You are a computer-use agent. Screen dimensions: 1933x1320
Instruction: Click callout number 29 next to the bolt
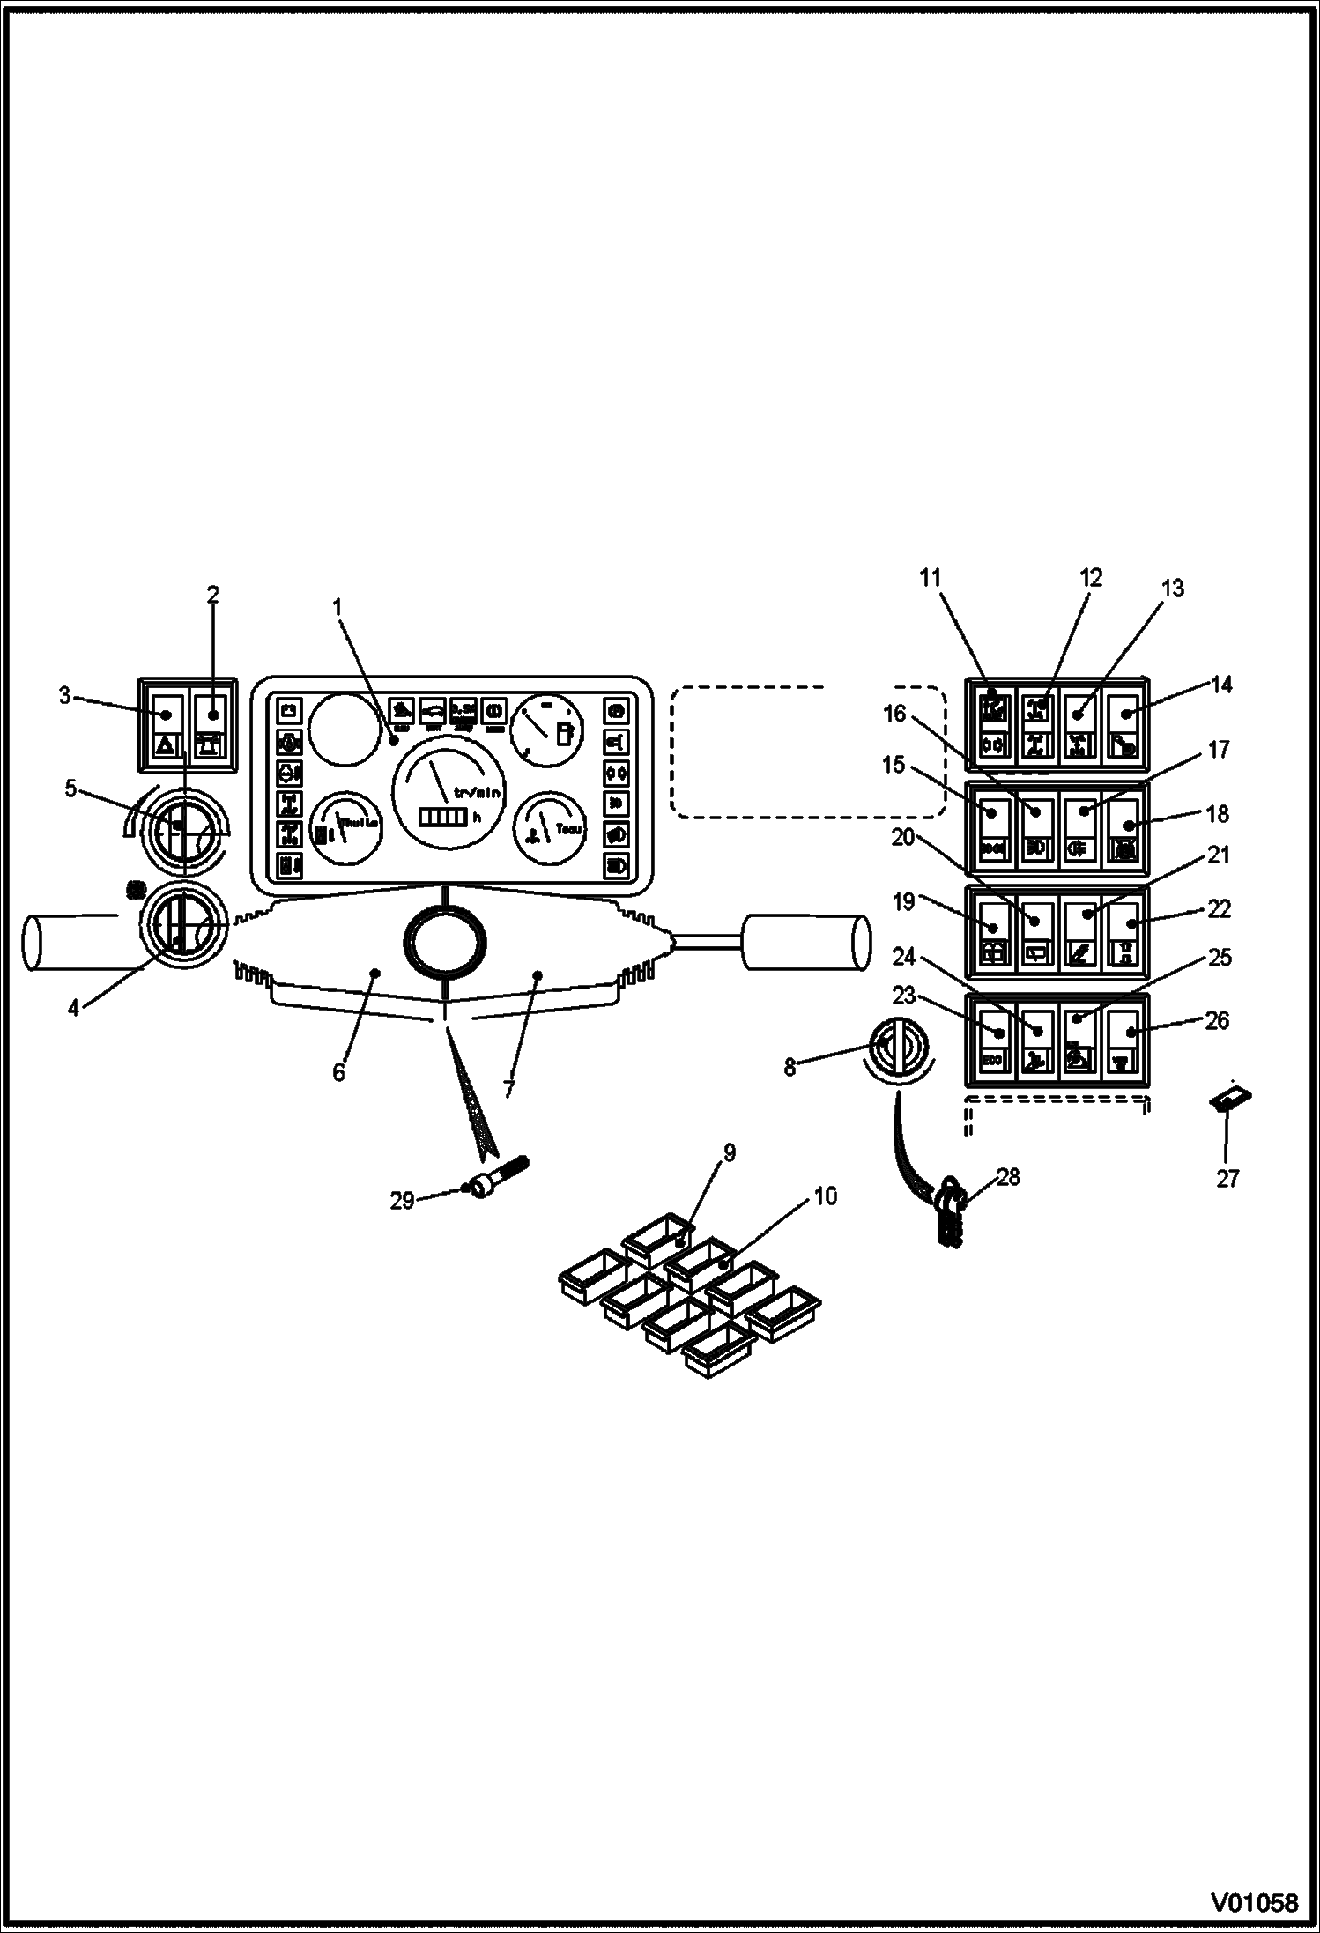coord(402,1200)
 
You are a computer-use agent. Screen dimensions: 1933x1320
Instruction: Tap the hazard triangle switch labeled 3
coord(167,721)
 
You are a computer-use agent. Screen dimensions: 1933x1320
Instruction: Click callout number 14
coord(1221,685)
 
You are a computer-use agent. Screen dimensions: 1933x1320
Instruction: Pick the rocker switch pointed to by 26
coord(1127,1041)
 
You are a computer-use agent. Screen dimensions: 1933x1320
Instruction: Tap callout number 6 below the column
coord(338,1073)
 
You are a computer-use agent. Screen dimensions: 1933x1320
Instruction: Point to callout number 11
coord(931,578)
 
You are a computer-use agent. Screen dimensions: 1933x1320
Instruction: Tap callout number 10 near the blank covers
coord(827,1196)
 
